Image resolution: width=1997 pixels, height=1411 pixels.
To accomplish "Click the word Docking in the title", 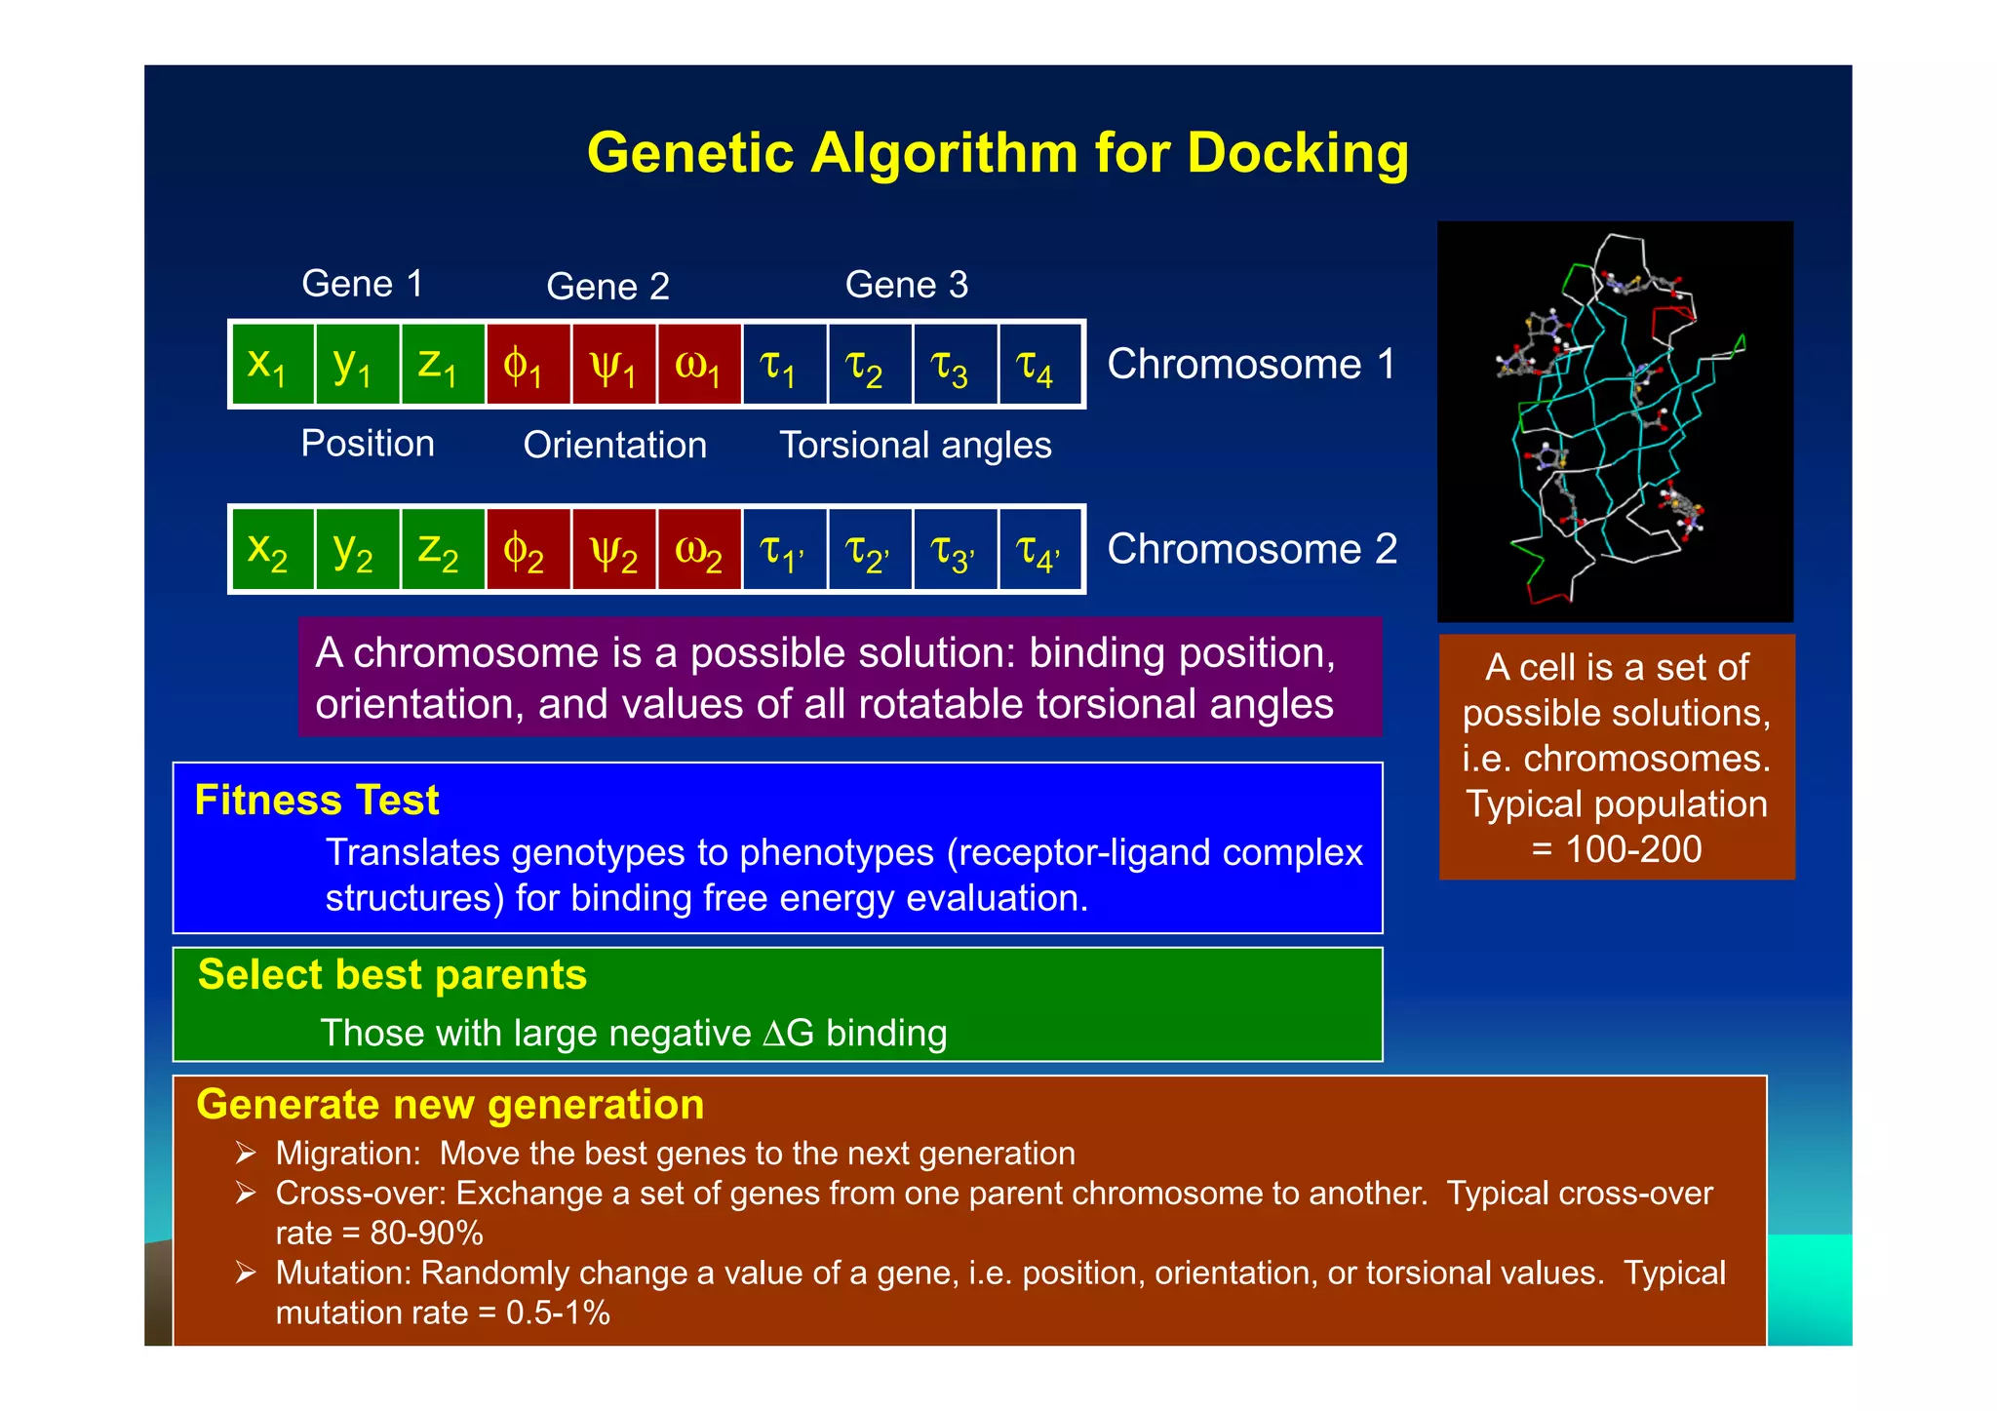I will click(1297, 153).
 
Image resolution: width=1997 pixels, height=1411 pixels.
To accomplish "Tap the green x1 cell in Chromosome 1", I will click(272, 364).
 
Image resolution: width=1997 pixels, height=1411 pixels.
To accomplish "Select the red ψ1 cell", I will click(614, 365).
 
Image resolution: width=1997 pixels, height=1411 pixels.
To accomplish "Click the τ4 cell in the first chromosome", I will click(1038, 365).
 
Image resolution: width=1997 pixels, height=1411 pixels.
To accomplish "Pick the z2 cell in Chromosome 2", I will click(442, 549).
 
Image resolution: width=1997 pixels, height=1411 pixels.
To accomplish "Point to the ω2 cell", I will click(699, 549).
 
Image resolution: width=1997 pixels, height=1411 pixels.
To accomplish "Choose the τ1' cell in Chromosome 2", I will click(784, 549).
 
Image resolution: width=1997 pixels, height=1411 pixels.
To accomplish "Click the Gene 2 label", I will click(607, 286).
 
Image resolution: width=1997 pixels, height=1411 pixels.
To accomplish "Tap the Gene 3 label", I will click(906, 285).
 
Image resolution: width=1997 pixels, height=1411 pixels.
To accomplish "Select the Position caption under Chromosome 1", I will click(368, 444).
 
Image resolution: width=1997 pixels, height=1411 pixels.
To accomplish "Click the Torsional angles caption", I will click(915, 445).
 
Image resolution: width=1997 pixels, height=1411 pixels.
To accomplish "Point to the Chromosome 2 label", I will click(1252, 549).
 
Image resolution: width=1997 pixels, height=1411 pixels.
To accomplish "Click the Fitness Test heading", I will click(317, 800).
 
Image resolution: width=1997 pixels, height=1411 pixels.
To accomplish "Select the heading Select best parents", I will click(392, 974).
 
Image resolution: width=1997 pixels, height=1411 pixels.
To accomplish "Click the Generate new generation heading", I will click(450, 1104).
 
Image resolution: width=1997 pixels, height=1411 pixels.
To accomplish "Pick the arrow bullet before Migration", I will click(245, 1154).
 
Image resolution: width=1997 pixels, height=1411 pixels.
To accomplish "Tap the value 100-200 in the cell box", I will click(1633, 849).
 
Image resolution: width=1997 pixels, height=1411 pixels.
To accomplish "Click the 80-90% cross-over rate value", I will click(426, 1234).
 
